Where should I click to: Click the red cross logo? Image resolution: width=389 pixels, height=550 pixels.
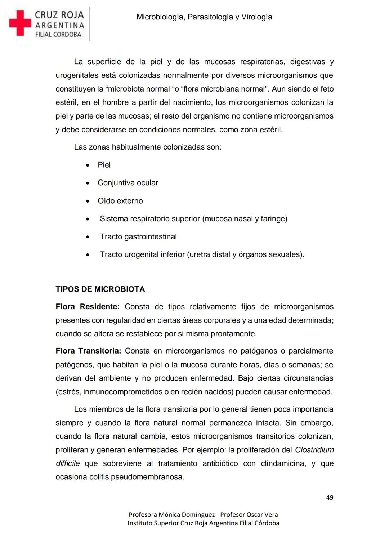[x=20, y=23]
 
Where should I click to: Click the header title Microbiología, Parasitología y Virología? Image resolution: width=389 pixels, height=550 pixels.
[x=204, y=17]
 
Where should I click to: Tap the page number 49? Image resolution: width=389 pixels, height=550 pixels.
[x=330, y=497]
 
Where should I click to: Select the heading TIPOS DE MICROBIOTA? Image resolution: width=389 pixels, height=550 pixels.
[x=100, y=289]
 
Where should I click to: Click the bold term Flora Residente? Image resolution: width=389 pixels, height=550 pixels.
[x=87, y=307]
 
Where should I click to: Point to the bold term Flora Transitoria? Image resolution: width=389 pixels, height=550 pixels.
[x=88, y=351]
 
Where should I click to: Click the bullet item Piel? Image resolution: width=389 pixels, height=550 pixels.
[x=104, y=165]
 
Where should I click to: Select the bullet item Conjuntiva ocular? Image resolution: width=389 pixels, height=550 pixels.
[x=128, y=183]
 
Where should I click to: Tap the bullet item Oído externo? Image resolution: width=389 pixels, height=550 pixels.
[x=120, y=201]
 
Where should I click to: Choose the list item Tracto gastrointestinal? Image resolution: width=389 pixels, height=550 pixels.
[x=138, y=236]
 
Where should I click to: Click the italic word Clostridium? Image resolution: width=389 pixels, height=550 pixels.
[x=314, y=450]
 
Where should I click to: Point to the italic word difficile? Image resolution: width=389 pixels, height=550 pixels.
[x=68, y=463]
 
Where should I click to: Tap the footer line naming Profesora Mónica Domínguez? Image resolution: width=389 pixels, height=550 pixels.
[x=203, y=515]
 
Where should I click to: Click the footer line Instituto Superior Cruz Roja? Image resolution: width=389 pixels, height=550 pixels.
[x=203, y=523]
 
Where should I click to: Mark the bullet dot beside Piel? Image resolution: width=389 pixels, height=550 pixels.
[x=88, y=165]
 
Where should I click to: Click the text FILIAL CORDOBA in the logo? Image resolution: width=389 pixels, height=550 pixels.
[x=58, y=35]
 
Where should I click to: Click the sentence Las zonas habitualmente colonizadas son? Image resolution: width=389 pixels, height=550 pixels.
[x=148, y=147]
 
